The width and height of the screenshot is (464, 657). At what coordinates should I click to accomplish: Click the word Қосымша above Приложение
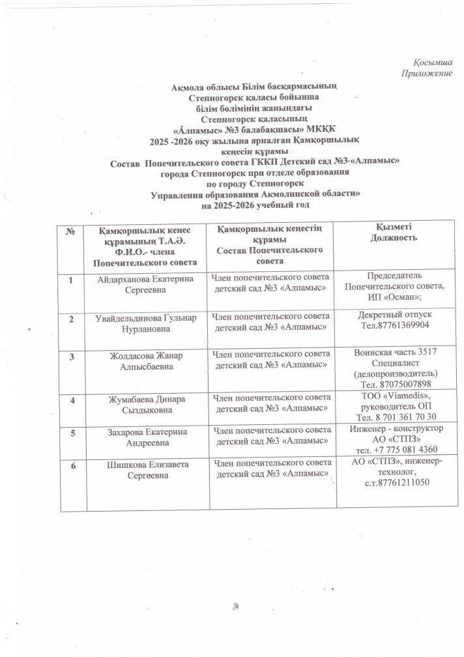pos(432,63)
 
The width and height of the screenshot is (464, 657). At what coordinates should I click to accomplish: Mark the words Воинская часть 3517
pos(395,353)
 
